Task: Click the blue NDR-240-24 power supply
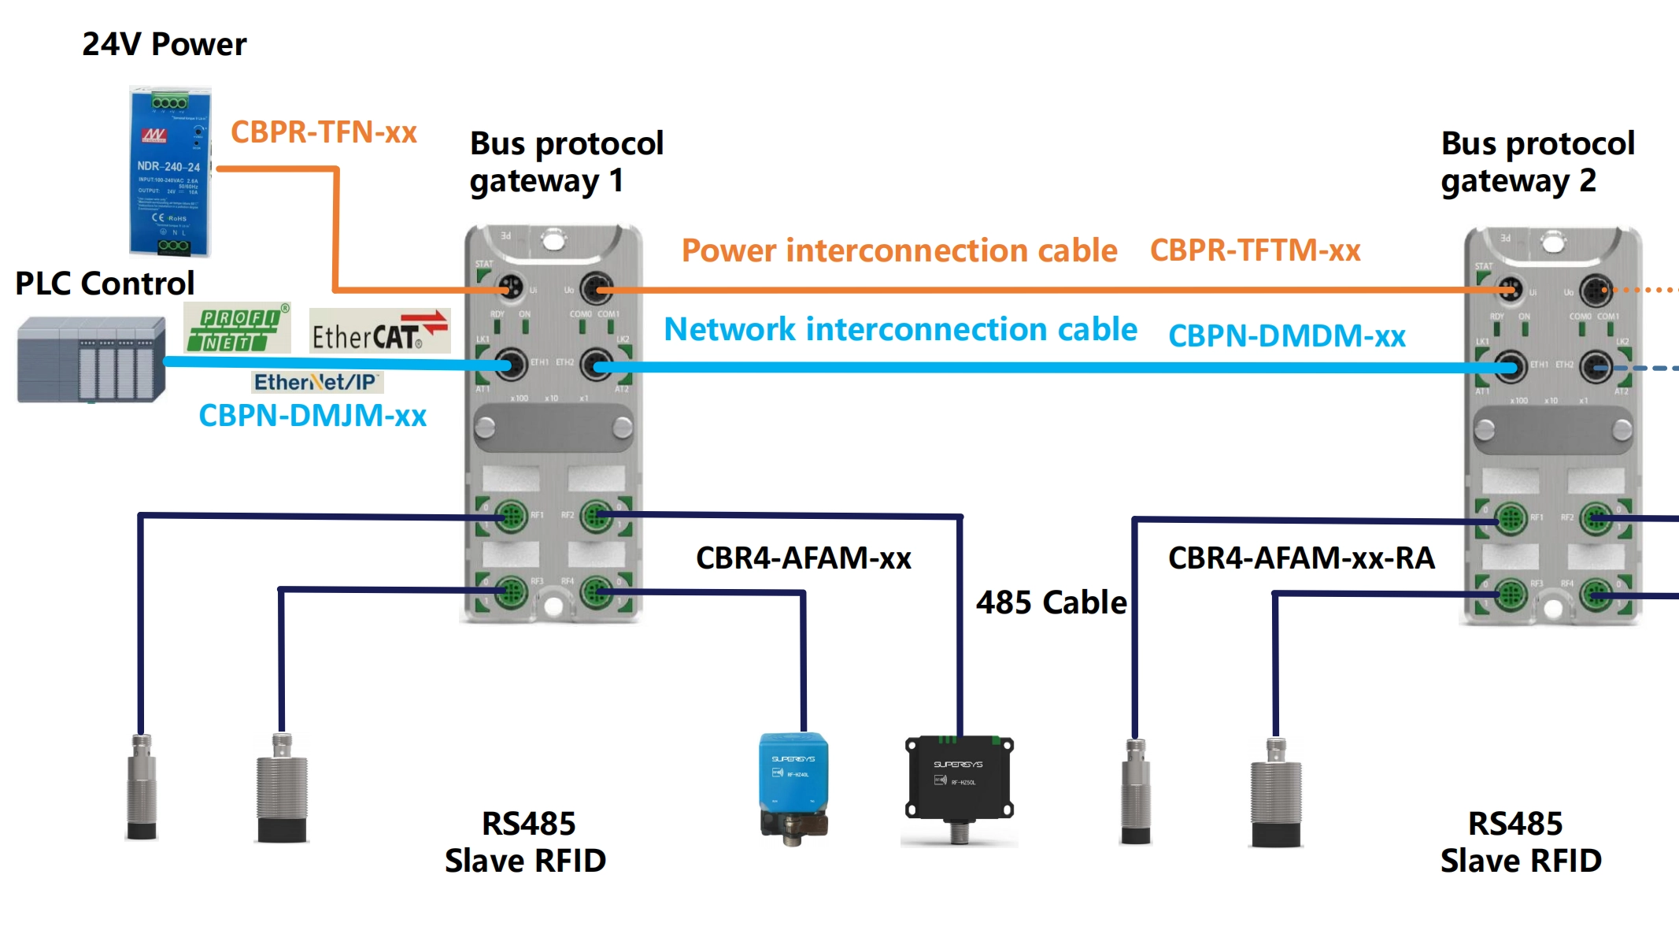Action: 170,172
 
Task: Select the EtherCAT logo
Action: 379,332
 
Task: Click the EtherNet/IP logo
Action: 316,382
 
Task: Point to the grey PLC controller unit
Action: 91,359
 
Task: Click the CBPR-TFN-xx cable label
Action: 324,132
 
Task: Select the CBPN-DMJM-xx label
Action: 313,416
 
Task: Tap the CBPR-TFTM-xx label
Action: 1255,250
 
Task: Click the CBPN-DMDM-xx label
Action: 1286,336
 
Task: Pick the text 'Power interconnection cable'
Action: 899,250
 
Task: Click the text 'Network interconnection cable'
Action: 901,329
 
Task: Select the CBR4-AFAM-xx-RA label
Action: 1301,558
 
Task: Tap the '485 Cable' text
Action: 1051,602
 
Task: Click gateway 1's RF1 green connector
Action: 510,517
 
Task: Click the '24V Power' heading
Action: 164,45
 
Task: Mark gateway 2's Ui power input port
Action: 1509,291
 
